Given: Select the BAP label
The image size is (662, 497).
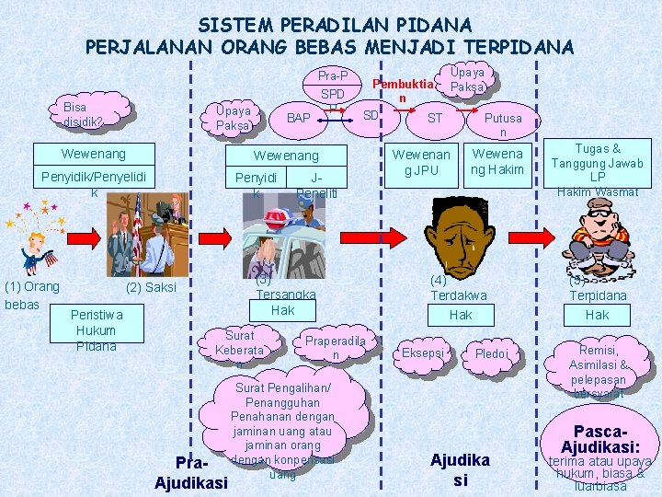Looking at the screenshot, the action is click(298, 118).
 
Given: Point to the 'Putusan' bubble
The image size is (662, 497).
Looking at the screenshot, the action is click(502, 124).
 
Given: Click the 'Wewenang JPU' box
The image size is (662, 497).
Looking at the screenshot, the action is click(421, 162).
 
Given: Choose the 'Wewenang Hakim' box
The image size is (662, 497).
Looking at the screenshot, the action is click(497, 162).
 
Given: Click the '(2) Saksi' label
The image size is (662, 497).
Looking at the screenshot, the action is click(150, 287).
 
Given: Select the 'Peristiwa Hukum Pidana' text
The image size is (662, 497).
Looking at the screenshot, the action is click(96, 330).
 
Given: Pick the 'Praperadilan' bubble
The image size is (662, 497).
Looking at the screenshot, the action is click(336, 346).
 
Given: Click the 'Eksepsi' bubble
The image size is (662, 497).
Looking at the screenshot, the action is click(423, 353).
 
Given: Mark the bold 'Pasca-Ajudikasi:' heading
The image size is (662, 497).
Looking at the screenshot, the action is click(601, 438).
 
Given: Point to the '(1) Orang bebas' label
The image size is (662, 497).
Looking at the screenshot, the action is click(32, 294).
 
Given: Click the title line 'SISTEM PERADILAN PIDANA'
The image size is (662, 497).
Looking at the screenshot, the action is click(335, 25).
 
